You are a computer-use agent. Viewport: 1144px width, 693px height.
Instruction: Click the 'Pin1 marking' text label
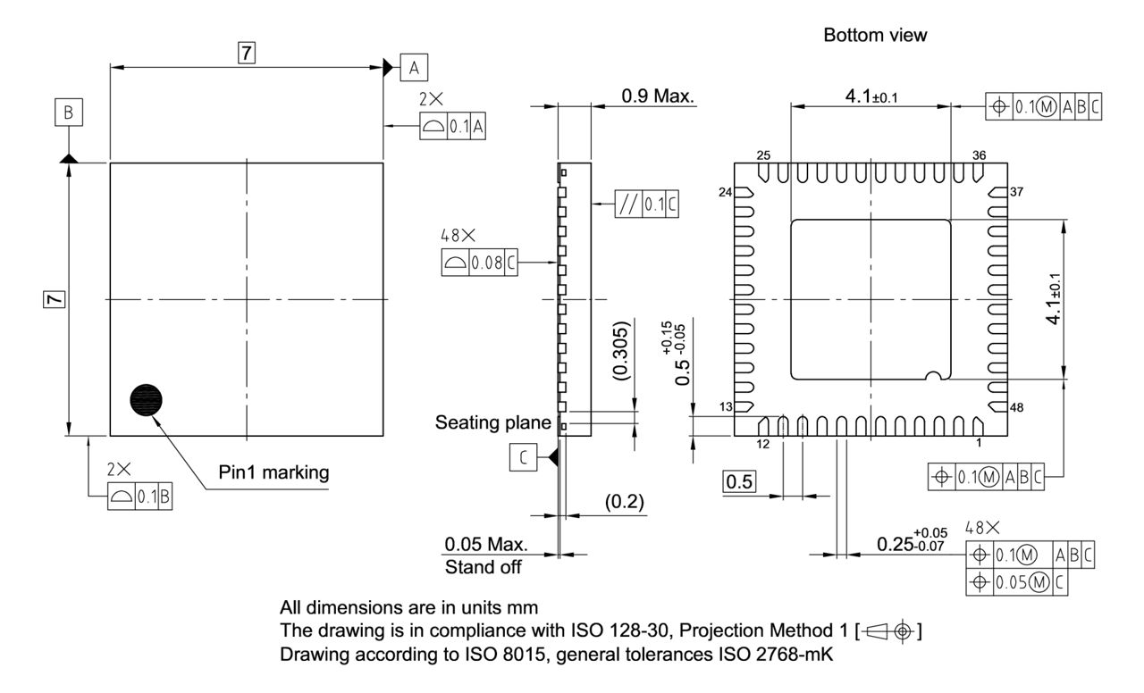273,472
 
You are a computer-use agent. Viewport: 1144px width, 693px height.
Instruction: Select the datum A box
414,66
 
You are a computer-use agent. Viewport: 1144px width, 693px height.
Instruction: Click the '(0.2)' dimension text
626,502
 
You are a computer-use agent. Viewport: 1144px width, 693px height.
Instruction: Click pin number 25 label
763,155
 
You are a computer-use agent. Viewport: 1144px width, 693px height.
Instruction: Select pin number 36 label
980,155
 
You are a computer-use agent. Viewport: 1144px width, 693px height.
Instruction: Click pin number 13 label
727,407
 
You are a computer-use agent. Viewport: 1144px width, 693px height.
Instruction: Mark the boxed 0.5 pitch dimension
739,482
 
